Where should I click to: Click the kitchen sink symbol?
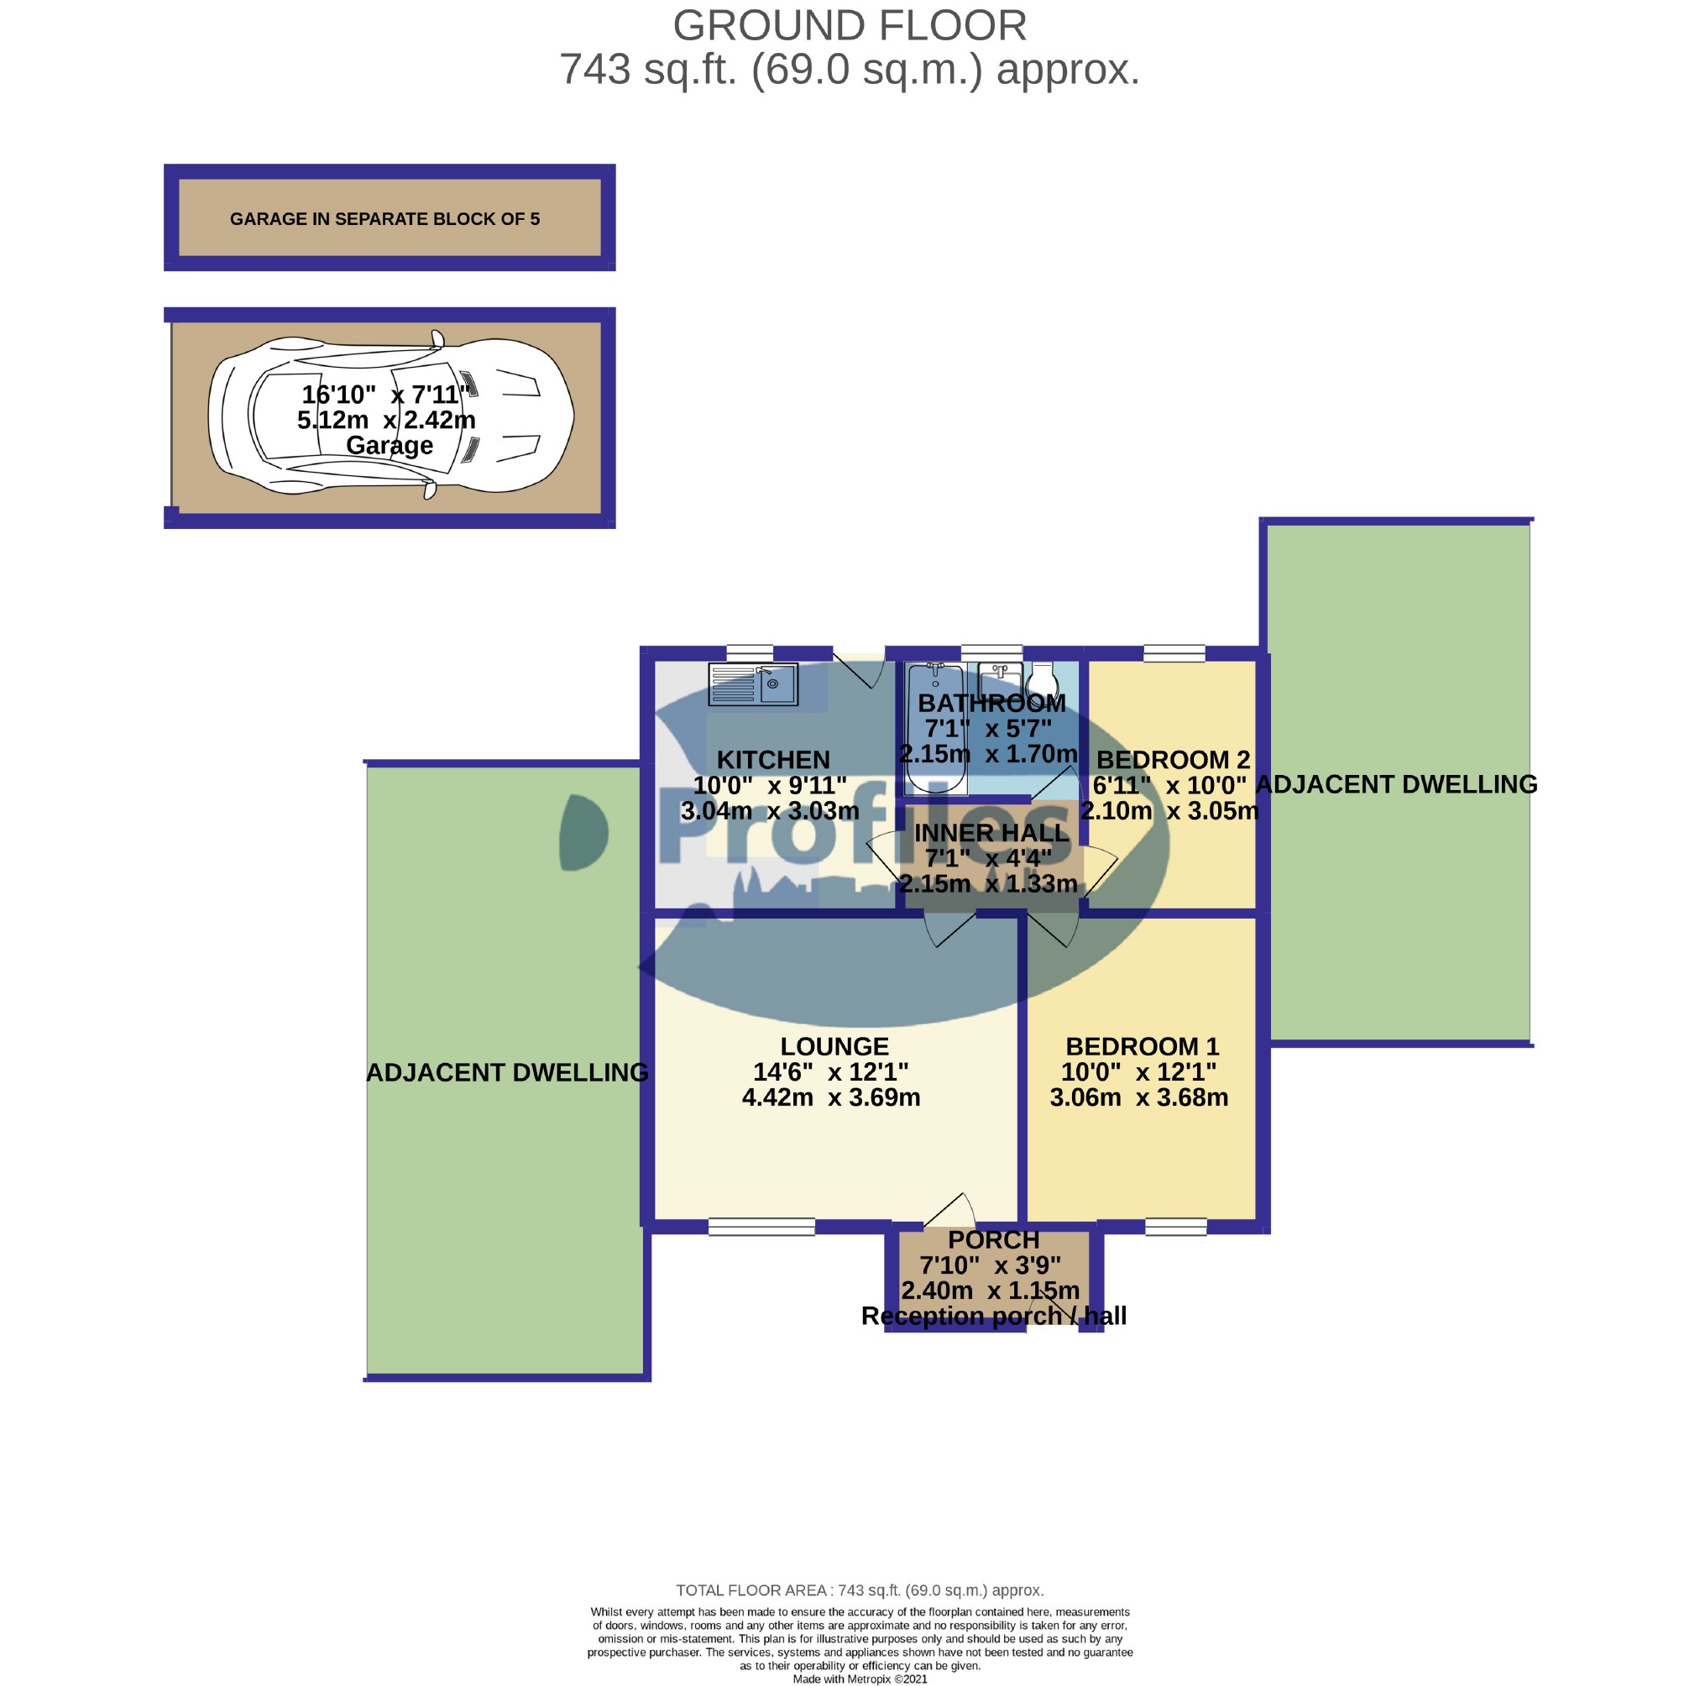(x=752, y=683)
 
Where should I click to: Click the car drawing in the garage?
(x=390, y=416)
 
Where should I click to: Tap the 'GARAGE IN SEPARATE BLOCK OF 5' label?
(x=384, y=219)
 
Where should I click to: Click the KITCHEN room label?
(x=772, y=759)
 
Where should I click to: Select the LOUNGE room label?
(x=834, y=1046)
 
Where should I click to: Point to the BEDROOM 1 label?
(x=1141, y=1046)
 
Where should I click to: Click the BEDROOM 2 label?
(x=1172, y=759)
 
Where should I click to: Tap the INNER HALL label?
(x=991, y=832)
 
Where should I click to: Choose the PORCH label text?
(x=993, y=1240)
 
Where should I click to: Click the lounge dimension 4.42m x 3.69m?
(x=830, y=1097)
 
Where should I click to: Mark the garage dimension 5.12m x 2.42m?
(x=386, y=420)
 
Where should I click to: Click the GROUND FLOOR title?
(x=849, y=26)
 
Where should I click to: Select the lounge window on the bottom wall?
(x=761, y=1227)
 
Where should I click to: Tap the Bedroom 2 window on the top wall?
(x=1173, y=653)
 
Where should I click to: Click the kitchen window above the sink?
(x=750, y=653)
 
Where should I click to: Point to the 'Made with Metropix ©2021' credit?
(x=860, y=1679)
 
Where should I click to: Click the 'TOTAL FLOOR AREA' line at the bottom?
(x=859, y=1590)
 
